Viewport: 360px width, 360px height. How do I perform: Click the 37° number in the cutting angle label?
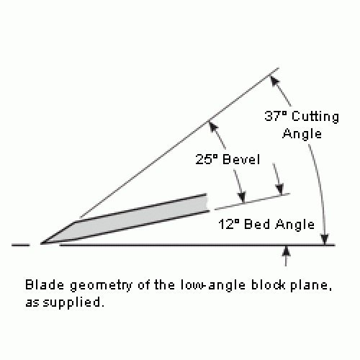click(x=276, y=116)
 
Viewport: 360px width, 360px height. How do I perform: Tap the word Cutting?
click(x=315, y=117)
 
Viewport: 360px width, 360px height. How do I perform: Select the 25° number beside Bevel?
click(x=207, y=159)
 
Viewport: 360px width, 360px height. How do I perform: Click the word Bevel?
click(x=241, y=159)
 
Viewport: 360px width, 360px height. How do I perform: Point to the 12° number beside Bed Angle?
click(x=229, y=225)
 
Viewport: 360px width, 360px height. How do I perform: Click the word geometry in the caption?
click(x=101, y=286)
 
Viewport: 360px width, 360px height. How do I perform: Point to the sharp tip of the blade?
click(x=41, y=244)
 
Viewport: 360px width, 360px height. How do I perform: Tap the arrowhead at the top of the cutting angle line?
click(x=274, y=81)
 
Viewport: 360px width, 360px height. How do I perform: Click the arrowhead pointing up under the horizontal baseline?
click(x=286, y=251)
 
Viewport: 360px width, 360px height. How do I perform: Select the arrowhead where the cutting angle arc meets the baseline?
click(x=325, y=239)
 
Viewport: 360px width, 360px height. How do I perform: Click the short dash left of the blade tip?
click(x=20, y=245)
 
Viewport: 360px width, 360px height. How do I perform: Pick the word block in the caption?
click(x=268, y=285)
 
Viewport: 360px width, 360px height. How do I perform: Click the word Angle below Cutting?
click(x=302, y=134)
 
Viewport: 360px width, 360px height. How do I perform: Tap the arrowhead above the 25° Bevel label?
click(x=213, y=127)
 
